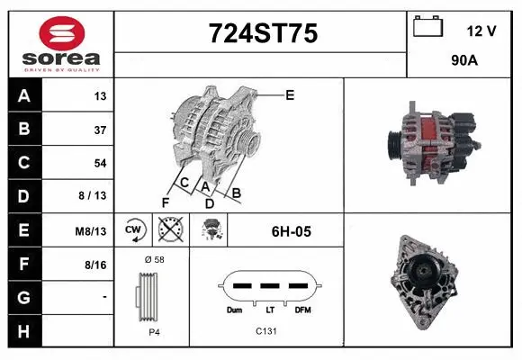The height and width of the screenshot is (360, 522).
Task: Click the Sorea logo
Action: (59, 42)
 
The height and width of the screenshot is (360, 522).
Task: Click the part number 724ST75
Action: (262, 33)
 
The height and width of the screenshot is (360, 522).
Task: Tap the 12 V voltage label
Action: (482, 31)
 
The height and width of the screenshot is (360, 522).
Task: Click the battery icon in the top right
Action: (427, 27)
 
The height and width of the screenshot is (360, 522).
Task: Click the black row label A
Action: (23, 96)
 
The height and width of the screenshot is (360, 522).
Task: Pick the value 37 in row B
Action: (100, 130)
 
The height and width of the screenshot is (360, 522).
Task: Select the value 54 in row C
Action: (100, 163)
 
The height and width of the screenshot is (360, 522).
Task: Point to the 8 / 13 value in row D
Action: (94, 196)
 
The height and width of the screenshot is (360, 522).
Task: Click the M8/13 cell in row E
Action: (92, 230)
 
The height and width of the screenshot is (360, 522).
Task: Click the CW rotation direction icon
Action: (134, 230)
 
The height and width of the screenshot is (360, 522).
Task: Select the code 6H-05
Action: (291, 231)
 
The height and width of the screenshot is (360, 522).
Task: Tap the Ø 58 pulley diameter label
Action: (154, 259)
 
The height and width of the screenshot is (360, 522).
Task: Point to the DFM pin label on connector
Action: (302, 310)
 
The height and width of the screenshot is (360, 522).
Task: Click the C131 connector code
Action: (266, 331)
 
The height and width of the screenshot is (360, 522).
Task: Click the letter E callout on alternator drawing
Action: (290, 94)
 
